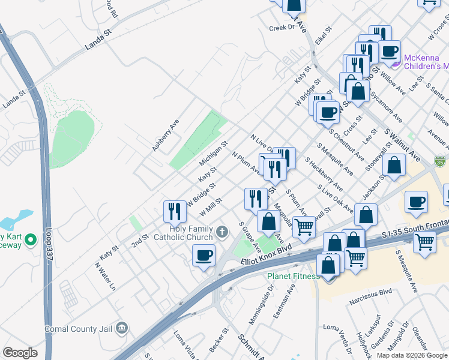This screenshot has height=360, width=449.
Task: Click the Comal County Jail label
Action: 78,329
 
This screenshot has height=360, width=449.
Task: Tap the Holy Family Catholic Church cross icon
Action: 222,232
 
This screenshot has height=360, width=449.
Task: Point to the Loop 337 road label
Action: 50,253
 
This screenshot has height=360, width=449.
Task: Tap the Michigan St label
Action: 214,154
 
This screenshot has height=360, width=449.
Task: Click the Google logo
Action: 20,353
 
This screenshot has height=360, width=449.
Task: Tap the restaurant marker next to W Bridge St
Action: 175,211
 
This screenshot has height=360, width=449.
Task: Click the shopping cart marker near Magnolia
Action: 305,227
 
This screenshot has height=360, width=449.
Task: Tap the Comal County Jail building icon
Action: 122,328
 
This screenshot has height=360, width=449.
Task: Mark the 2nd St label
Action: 140,241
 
